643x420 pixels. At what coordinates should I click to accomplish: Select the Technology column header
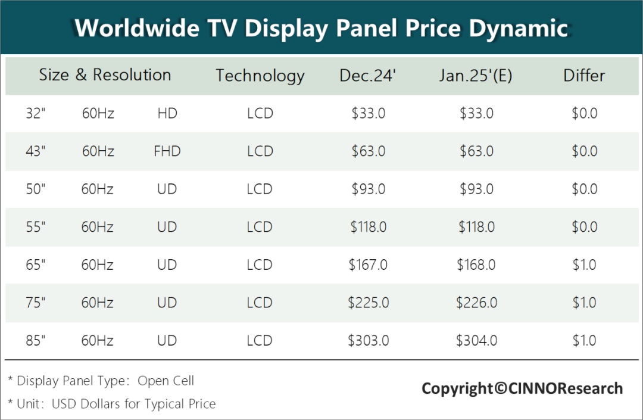point(260,76)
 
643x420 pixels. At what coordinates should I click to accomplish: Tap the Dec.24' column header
point(368,76)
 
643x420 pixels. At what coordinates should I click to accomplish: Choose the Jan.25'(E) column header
point(476,76)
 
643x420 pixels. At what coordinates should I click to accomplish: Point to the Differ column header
point(584,76)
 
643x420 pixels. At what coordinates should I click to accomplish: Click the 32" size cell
point(36,113)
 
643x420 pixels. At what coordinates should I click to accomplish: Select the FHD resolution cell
point(167,151)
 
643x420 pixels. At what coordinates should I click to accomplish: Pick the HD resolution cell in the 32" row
point(167,113)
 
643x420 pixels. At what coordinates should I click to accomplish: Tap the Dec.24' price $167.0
point(368,265)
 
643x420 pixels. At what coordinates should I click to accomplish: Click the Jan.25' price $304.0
point(476,341)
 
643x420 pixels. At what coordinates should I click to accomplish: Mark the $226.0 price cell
point(476,303)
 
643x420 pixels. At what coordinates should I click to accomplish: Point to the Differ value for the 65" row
point(584,265)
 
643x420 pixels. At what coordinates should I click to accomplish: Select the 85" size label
point(36,341)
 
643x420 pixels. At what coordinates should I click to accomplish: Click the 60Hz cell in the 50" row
point(98,189)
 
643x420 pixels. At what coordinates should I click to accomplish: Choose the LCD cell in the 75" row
point(260,303)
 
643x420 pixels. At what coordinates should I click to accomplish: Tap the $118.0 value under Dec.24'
point(368,227)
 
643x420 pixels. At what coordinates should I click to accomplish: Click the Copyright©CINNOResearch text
point(522,389)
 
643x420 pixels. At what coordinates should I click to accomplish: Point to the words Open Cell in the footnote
point(166,381)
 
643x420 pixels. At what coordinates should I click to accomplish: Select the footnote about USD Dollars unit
point(112,404)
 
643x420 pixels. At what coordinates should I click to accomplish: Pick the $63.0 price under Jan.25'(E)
point(476,151)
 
